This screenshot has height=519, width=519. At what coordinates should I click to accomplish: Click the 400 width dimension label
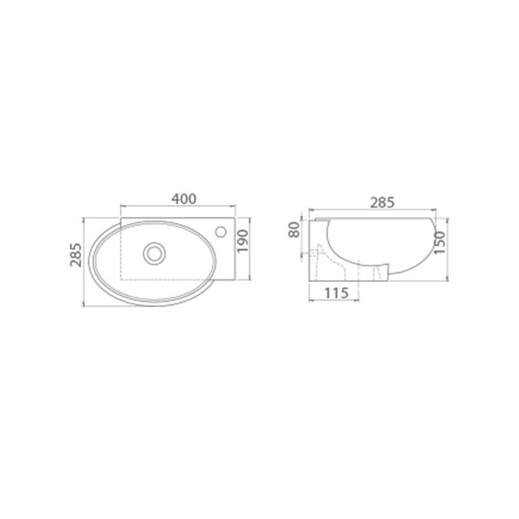tap(183, 199)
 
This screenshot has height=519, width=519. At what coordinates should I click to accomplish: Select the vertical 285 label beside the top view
tap(76, 255)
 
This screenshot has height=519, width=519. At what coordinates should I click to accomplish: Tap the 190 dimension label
tap(242, 240)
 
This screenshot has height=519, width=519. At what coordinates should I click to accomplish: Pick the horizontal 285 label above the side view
tap(382, 202)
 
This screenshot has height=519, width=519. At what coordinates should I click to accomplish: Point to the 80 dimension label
tap(294, 230)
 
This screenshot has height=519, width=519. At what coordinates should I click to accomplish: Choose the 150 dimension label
tap(439, 242)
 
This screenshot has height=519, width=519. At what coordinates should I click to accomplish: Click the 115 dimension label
tap(336, 293)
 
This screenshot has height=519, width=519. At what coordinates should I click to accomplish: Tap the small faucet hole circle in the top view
tap(221, 232)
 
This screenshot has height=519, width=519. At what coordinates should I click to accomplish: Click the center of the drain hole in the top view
tap(154, 253)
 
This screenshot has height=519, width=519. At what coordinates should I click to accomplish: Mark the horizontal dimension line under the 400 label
tap(178, 206)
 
